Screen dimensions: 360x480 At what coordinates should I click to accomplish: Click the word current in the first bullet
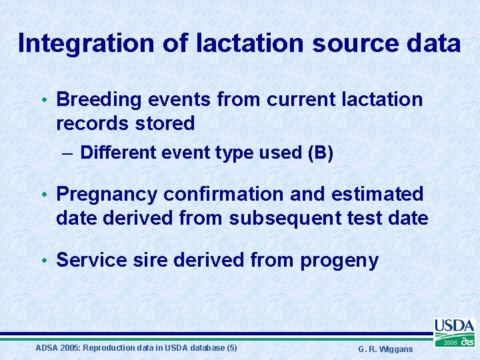tap(302, 100)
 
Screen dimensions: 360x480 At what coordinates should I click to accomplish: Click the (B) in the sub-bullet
tap(320, 153)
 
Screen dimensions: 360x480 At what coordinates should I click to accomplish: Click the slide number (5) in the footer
tap(231, 348)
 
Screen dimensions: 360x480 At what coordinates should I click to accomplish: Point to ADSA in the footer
tap(46, 348)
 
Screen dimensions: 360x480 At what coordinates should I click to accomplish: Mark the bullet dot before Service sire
tap(44, 261)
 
